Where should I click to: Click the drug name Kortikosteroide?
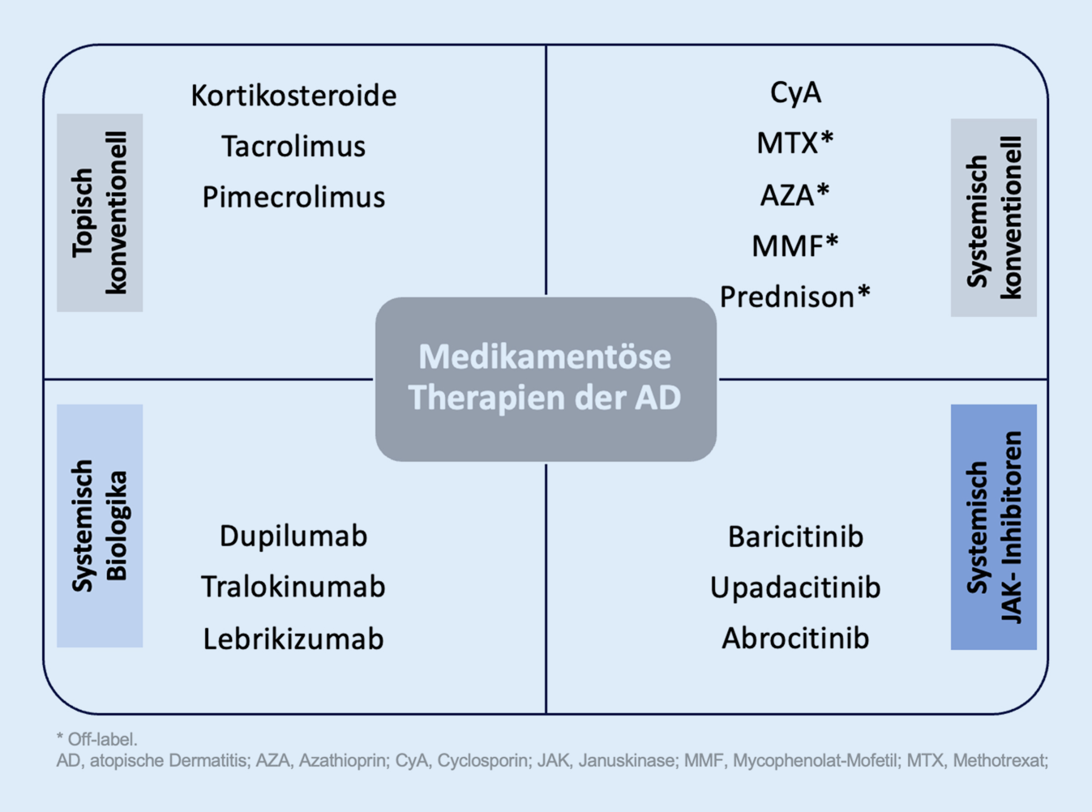click(x=293, y=95)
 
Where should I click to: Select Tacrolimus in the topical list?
click(x=293, y=146)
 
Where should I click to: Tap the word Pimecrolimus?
click(x=293, y=198)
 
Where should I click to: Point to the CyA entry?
click(x=795, y=93)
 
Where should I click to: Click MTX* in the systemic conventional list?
click(x=794, y=143)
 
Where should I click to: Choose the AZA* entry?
click(x=794, y=194)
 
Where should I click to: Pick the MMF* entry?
click(x=794, y=245)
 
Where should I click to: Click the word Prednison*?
click(x=794, y=297)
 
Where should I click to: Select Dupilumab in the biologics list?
click(x=293, y=536)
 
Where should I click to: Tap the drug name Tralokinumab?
click(x=293, y=587)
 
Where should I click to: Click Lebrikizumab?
click(x=293, y=639)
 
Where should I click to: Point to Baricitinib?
click(x=795, y=536)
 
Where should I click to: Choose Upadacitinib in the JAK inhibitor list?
click(x=795, y=588)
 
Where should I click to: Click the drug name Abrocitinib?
click(x=795, y=639)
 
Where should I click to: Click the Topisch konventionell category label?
click(x=100, y=212)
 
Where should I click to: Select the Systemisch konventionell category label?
click(x=994, y=217)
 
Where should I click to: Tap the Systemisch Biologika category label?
click(x=100, y=526)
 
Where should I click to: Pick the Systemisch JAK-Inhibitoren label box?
click(x=994, y=527)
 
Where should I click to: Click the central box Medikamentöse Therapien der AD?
click(x=546, y=379)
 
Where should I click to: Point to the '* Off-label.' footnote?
click(x=97, y=739)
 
